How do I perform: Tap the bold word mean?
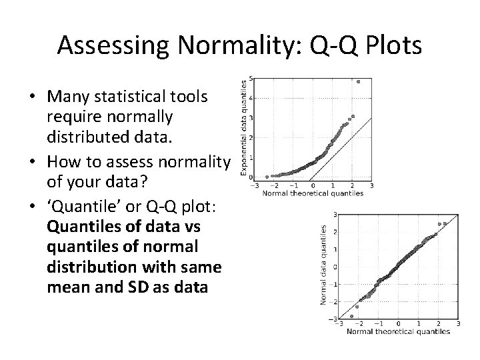(68, 287)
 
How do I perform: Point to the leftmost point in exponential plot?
(267, 177)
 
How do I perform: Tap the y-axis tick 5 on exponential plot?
(249, 79)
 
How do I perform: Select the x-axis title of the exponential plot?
(312, 193)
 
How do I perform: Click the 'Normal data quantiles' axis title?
(324, 265)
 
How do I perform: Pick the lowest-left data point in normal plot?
(352, 316)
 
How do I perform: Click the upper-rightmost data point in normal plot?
(446, 224)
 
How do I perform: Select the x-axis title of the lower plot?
(398, 331)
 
